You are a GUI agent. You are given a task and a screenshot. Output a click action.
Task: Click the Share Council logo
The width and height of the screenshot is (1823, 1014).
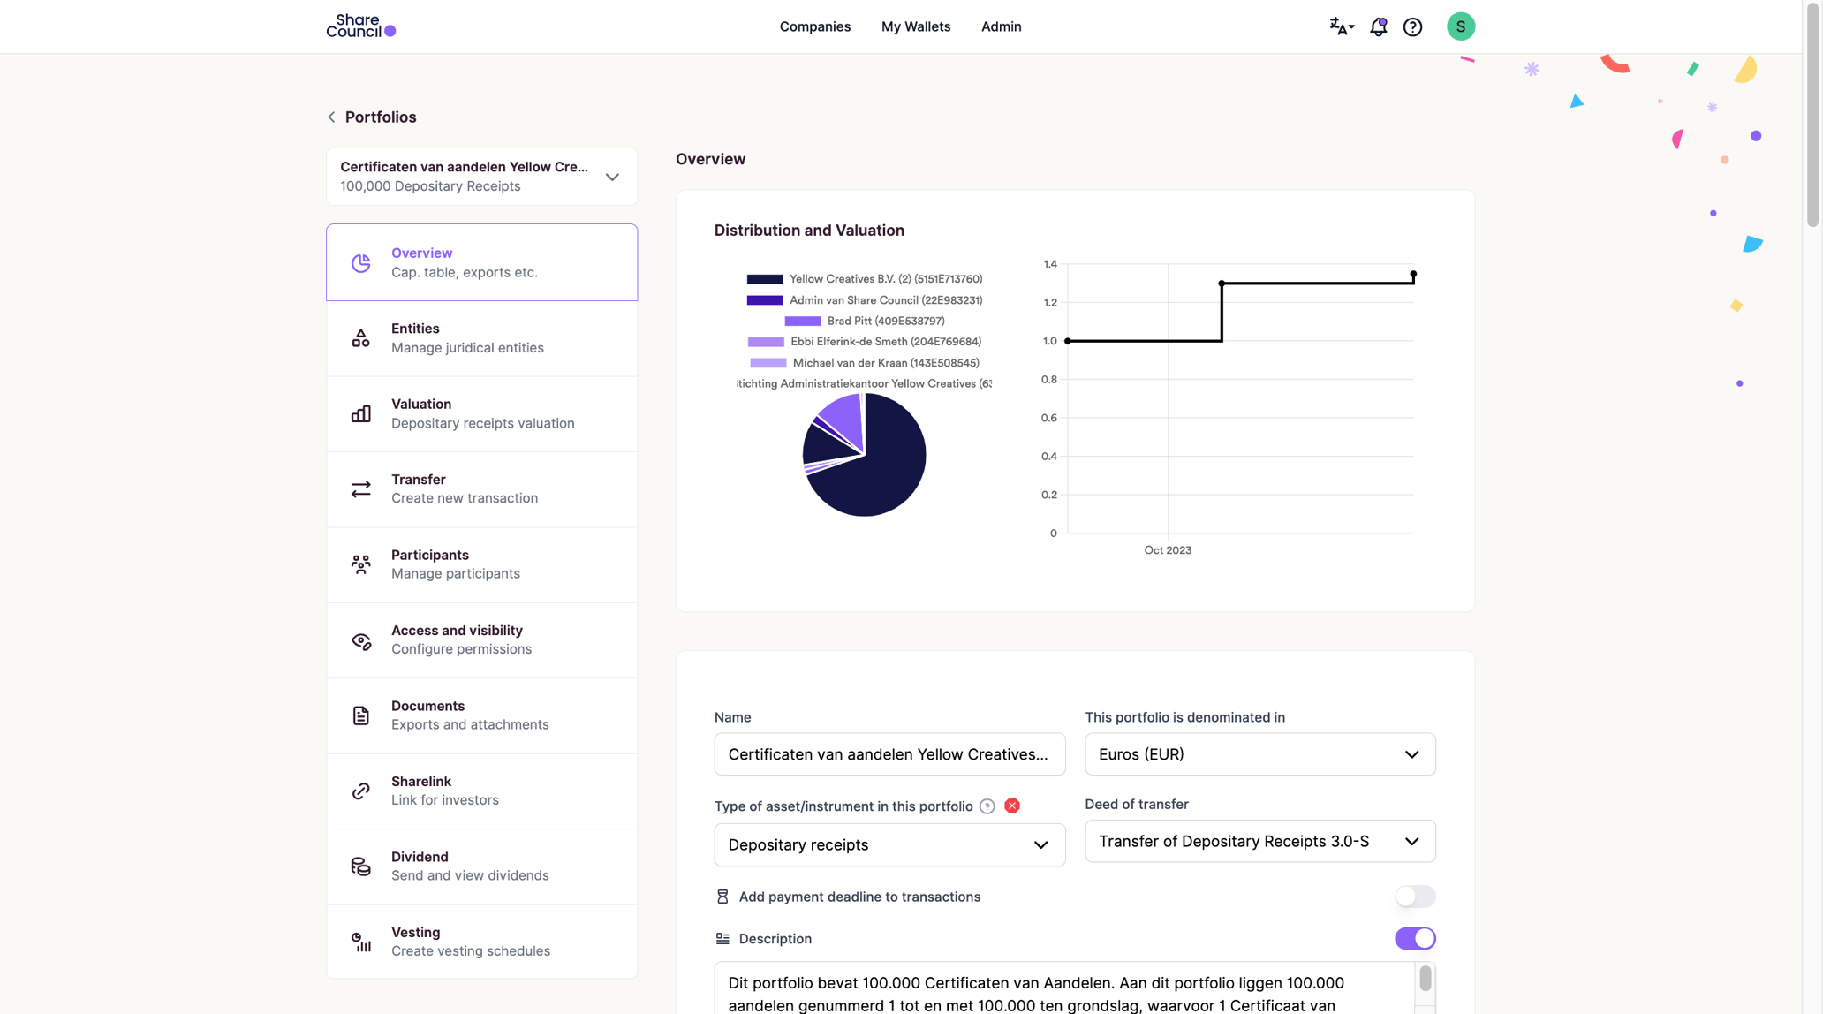point(360,26)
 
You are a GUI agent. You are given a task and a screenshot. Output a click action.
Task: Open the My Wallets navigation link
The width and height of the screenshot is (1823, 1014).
point(915,26)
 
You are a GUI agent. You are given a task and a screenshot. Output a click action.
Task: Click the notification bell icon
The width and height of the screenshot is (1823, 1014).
point(1378,26)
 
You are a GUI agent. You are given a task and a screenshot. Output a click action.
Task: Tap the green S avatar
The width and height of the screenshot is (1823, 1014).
point(1460,26)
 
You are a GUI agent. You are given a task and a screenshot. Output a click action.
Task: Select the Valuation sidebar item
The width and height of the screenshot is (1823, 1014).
point(481,413)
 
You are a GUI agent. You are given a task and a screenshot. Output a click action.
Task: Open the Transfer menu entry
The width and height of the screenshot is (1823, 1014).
point(481,488)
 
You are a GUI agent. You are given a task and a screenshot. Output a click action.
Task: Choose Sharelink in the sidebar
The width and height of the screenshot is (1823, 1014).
point(481,791)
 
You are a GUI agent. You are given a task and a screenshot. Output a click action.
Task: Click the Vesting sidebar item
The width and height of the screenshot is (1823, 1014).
point(481,941)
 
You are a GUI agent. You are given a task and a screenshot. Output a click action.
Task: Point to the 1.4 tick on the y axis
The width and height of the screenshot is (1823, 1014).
point(1049,264)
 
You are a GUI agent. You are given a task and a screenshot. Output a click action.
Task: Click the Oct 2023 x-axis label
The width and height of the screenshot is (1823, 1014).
point(1167,549)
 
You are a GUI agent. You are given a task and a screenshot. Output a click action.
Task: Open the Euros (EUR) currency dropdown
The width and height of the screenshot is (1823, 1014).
point(1259,754)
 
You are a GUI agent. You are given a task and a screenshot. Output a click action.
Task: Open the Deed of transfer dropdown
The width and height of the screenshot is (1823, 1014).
point(1259,841)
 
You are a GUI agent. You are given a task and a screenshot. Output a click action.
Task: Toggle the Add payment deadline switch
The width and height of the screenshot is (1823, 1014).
point(1414,897)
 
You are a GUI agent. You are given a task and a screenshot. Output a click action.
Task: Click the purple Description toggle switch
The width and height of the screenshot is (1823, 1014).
point(1414,938)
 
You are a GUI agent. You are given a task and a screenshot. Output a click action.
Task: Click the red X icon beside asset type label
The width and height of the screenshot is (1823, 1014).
point(1011,806)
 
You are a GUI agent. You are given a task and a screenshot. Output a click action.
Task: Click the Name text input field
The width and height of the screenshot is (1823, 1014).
point(889,754)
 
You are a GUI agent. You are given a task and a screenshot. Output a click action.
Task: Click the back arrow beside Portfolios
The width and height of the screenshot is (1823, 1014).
point(331,117)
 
